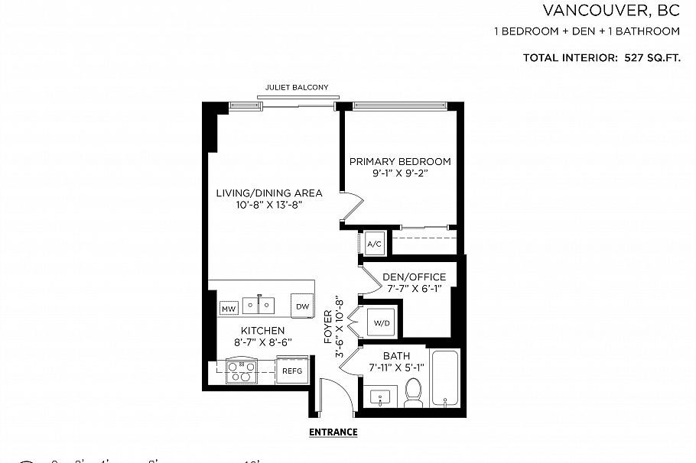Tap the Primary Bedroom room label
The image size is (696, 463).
[400, 161]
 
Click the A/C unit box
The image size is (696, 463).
[375, 244]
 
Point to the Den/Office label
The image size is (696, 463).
[408, 277]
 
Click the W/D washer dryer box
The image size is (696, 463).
[382, 323]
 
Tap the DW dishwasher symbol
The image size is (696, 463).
[302, 306]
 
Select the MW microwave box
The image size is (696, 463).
[228, 309]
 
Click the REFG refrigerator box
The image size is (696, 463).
[292, 371]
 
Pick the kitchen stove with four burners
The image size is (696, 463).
[242, 371]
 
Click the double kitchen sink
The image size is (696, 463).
[260, 305]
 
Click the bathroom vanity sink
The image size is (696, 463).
[380, 397]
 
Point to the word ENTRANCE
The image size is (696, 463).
[333, 432]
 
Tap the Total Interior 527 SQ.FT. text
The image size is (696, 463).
[601, 58]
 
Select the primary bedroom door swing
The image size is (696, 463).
[351, 208]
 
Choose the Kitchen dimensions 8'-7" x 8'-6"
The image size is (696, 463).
[260, 342]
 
